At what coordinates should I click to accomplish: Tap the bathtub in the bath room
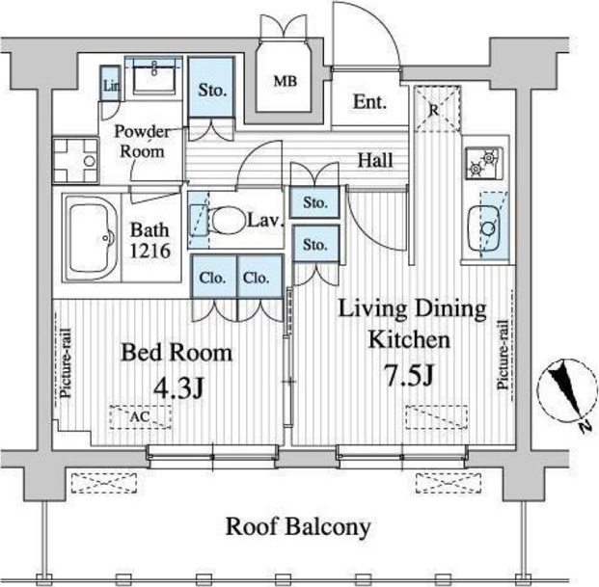click(x=92, y=238)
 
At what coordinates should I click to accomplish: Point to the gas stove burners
click(x=483, y=163)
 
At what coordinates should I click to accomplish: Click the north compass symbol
click(x=568, y=393)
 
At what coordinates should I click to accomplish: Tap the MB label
click(x=285, y=81)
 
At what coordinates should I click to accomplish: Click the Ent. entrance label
click(x=369, y=102)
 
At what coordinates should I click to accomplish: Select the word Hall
click(x=375, y=160)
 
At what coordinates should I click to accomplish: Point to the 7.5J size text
click(x=409, y=376)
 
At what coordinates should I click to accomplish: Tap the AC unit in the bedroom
click(x=140, y=416)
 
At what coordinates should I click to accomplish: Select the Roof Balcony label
click(x=298, y=527)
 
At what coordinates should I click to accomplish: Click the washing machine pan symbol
click(x=75, y=161)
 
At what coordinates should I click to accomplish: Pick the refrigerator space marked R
click(x=437, y=109)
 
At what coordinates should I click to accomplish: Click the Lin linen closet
click(x=111, y=84)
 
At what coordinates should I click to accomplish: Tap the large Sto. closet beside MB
click(x=211, y=87)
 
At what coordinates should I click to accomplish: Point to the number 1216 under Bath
click(x=150, y=251)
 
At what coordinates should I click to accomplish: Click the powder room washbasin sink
click(x=154, y=76)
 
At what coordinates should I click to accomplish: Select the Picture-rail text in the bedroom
click(x=66, y=362)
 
